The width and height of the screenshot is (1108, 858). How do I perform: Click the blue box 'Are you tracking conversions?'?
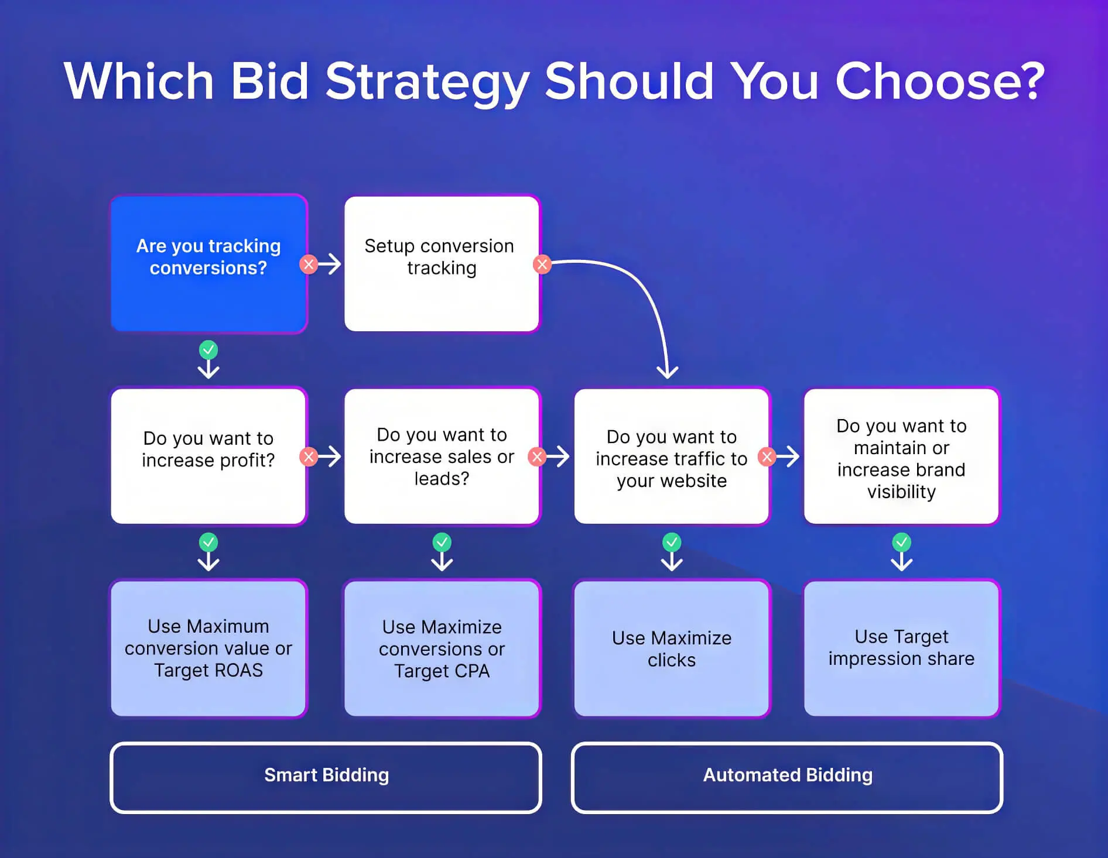pyautogui.click(x=208, y=263)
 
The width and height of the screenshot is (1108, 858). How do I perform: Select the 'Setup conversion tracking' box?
pyautogui.click(x=442, y=263)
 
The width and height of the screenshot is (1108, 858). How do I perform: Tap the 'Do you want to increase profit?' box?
pyautogui.click(x=208, y=456)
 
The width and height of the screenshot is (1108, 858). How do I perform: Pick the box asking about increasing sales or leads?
pyautogui.click(x=442, y=456)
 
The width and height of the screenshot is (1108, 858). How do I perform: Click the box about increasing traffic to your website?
pyautogui.click(x=671, y=456)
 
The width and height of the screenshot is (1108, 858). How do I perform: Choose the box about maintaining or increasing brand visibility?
pyautogui.click(x=901, y=456)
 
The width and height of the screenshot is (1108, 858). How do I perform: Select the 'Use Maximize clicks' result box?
pyautogui.click(x=671, y=648)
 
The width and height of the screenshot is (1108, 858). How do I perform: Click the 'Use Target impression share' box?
pyautogui.click(x=901, y=648)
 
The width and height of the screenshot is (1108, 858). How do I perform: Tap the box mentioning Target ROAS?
pyautogui.click(x=208, y=648)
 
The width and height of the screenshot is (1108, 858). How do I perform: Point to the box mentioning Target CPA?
pyautogui.click(x=442, y=648)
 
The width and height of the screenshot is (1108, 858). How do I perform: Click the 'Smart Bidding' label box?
pyautogui.click(x=326, y=777)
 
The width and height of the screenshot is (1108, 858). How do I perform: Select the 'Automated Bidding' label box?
pyautogui.click(x=787, y=777)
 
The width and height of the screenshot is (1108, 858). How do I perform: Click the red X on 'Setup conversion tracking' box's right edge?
pyautogui.click(x=542, y=265)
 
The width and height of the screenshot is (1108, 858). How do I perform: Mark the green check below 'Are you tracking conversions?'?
pyautogui.click(x=208, y=350)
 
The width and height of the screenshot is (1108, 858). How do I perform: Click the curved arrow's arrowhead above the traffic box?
pyautogui.click(x=667, y=372)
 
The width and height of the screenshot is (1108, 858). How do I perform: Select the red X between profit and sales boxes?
pyautogui.click(x=309, y=457)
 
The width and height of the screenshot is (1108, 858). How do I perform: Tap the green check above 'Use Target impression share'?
pyautogui.click(x=901, y=543)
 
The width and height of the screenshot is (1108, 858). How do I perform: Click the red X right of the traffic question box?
pyautogui.click(x=767, y=457)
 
